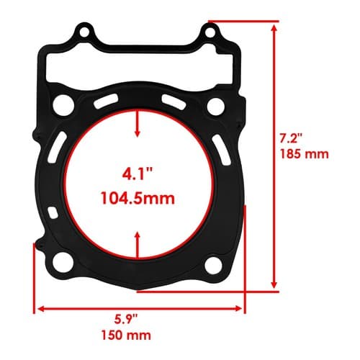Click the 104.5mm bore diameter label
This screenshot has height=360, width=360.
pos(138,199)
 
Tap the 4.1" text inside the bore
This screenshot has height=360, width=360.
pos(138,174)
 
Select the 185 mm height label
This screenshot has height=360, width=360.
pos(305,154)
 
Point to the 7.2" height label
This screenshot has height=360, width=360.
pos(291,139)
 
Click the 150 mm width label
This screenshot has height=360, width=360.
pos(126,335)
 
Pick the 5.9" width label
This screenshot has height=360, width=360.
pos(126,320)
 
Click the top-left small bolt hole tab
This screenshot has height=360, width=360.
pos(84,32)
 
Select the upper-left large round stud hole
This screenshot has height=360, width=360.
pos(63,105)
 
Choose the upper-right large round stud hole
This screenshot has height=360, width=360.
pos(216,107)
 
